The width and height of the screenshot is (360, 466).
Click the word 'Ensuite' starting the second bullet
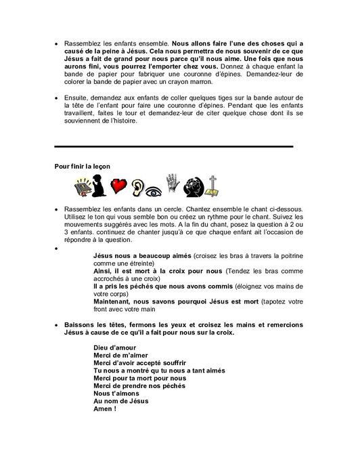[x=74, y=98]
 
